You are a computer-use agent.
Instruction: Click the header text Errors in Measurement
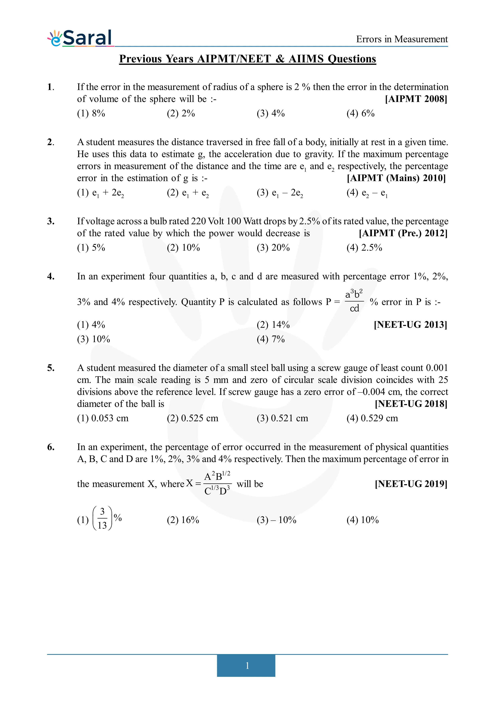point(402,39)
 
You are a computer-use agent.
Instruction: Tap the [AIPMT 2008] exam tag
point(416,99)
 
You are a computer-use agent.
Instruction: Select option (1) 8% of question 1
point(91,114)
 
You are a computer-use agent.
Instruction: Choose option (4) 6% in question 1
point(360,114)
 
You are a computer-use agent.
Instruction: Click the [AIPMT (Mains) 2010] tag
point(396,178)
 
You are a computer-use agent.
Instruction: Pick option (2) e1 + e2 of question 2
point(187,193)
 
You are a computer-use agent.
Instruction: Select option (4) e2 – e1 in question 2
point(367,193)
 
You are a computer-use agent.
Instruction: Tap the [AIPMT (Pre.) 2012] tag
point(403,233)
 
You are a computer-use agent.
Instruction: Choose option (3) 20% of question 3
point(273,248)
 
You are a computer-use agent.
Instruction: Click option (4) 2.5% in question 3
point(364,248)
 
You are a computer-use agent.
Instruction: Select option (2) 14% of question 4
point(273,325)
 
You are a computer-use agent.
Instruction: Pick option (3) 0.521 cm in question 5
point(282,418)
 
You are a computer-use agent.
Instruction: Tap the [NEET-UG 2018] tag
point(411,404)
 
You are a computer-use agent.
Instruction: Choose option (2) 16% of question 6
point(183,520)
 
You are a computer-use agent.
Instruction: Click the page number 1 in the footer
point(247,666)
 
